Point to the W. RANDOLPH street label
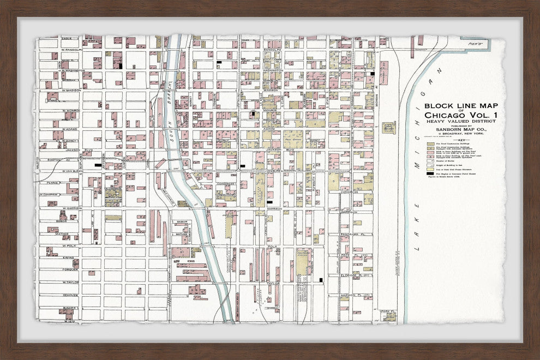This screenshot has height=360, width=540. (x=71, y=50)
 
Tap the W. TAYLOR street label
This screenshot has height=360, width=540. (x=70, y=282)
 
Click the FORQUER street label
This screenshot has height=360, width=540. (x=71, y=269)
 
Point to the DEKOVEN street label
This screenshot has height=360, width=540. (x=71, y=295)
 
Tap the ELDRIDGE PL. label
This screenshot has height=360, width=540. (x=363, y=275)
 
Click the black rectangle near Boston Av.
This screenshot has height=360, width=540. (x=98, y=165)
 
